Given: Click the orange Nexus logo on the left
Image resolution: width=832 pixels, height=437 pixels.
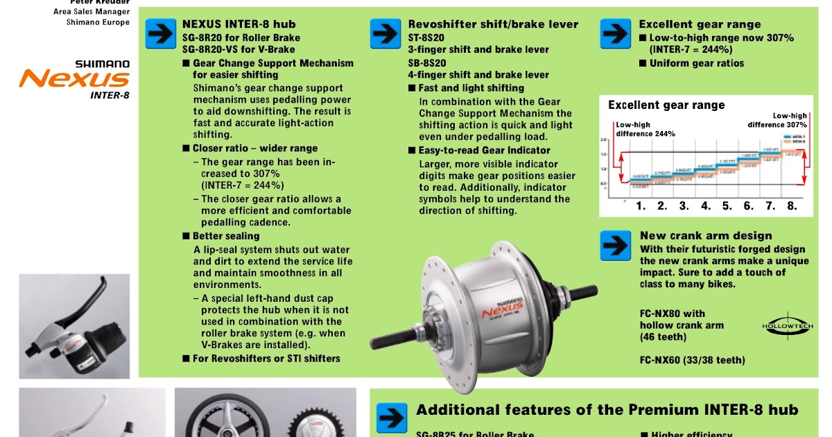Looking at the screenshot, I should [73, 78].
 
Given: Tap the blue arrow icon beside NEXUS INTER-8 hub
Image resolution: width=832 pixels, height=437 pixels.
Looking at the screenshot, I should [160, 34].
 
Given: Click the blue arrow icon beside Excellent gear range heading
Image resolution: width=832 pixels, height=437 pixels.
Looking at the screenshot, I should [615, 33].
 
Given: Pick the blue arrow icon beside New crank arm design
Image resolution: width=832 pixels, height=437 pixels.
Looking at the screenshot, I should [615, 245].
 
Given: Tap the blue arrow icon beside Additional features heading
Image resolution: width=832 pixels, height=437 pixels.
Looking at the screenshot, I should [392, 418].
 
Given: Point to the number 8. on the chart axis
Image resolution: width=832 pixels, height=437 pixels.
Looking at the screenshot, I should [792, 206].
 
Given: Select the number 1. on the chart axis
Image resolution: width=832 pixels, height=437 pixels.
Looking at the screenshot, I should [641, 206].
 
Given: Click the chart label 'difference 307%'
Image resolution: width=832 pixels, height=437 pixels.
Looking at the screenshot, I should [777, 125].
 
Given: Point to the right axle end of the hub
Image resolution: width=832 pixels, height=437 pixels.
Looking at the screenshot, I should [586, 289].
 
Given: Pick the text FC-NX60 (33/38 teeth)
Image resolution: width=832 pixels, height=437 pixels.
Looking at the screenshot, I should [692, 360].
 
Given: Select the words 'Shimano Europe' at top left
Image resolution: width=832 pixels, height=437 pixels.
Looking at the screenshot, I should [98, 22].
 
